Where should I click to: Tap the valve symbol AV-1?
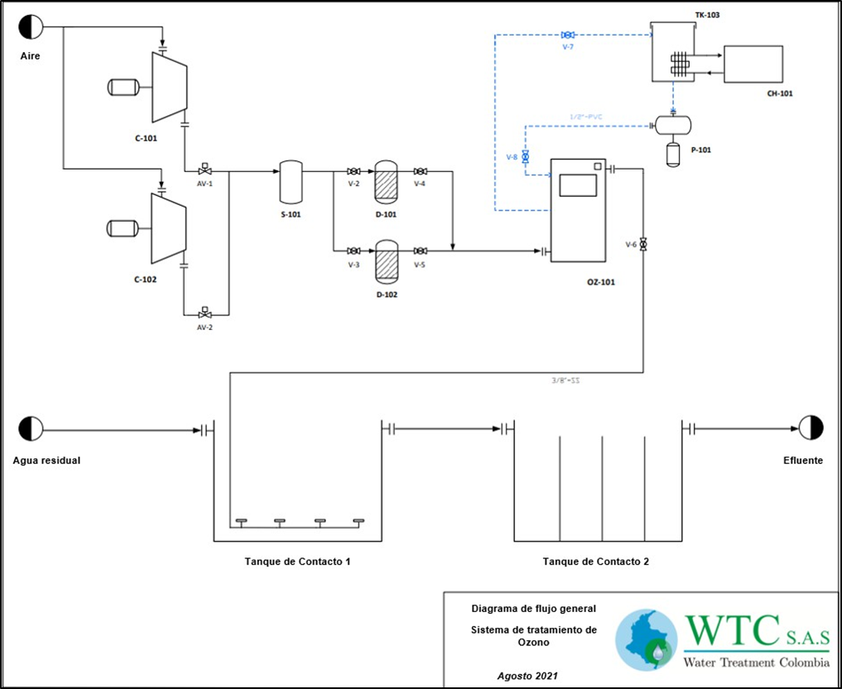coord(204,171)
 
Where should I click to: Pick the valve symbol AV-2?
coord(204,314)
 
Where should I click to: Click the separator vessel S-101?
coord(290,182)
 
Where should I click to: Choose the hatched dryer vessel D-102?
coord(386,261)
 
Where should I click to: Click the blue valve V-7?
coord(567,35)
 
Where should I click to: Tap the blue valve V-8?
coord(525,156)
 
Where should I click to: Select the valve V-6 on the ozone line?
coord(643,245)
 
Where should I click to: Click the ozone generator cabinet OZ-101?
coord(579,208)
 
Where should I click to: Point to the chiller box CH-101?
coord(753,64)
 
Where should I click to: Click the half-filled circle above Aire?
coord(31,27)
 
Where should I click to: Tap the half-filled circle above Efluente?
coord(811,428)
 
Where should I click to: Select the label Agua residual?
coord(46,461)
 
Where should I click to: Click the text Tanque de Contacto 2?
coord(595,562)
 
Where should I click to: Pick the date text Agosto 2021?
coord(527,675)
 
